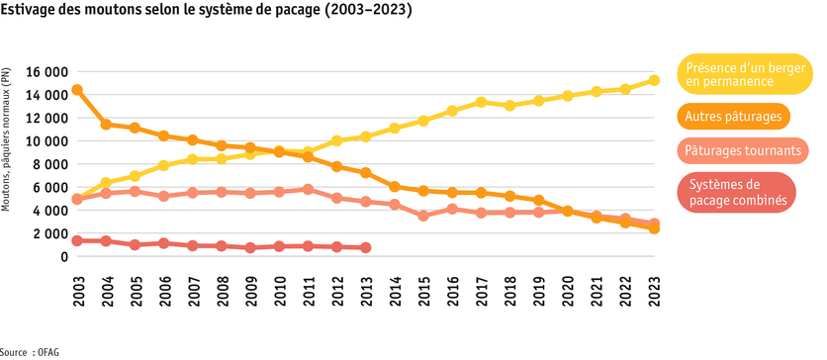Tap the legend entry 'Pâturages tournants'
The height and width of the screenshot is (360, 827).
(x=742, y=151)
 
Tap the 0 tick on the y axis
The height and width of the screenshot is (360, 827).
(x=62, y=256)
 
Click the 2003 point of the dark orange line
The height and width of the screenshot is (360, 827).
(x=77, y=90)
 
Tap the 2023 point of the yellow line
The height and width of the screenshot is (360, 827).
(x=654, y=81)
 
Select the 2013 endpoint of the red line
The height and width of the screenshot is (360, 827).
(x=365, y=247)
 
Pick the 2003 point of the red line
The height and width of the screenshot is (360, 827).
(x=77, y=240)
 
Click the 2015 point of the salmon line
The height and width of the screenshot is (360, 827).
(x=423, y=216)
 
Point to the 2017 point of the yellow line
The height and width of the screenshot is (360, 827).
(x=481, y=102)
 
